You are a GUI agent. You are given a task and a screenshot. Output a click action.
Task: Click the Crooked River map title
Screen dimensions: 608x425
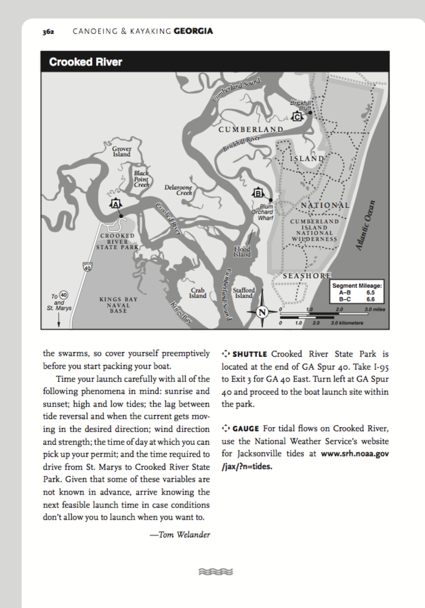coord(86,62)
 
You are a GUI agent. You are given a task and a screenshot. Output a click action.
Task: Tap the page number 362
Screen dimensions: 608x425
coord(49,31)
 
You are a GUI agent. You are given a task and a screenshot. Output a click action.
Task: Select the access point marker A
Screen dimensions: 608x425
coord(115,204)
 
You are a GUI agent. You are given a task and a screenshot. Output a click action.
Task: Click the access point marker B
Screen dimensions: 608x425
coord(258,193)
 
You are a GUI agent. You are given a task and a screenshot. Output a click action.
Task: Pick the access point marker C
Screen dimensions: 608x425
coord(297,117)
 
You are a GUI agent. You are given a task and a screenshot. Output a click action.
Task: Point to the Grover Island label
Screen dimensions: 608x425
coord(122,151)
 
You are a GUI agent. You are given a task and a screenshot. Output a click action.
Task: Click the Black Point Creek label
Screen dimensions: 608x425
coord(141,179)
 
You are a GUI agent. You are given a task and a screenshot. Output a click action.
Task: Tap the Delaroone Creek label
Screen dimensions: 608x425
coord(179,190)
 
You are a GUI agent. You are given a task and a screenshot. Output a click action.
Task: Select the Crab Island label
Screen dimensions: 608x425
coord(198,293)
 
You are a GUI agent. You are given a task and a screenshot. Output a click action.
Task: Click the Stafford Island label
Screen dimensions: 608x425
coord(244,293)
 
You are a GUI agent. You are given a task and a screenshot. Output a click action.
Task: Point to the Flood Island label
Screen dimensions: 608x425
coord(242,252)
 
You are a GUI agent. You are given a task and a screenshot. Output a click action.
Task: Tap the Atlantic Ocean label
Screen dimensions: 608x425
coord(366,225)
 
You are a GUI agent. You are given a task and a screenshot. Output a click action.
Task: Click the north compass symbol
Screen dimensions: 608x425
coord(262,312)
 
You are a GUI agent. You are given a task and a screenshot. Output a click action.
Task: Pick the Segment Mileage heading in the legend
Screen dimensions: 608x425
coord(357,286)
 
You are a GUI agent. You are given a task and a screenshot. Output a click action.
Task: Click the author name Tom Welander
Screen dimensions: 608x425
coord(184,535)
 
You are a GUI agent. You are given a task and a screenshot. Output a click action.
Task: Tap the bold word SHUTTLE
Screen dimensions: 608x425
coord(250,354)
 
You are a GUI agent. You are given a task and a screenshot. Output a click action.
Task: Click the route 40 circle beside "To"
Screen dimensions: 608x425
coord(63,295)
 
